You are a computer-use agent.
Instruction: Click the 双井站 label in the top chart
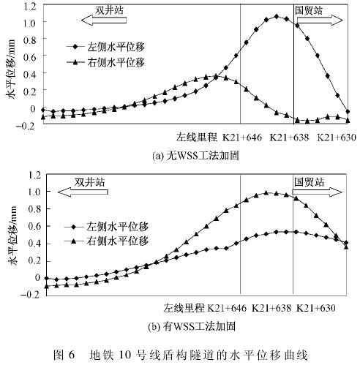click(109, 10)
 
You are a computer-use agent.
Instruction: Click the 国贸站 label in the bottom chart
click(309, 182)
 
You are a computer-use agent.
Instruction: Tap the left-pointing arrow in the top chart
click(104, 20)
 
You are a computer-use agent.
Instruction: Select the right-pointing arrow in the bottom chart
click(318, 192)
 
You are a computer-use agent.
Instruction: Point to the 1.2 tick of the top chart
click(30, 5)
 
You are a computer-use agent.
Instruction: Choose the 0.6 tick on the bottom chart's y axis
click(34, 226)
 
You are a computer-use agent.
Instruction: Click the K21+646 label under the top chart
click(241, 138)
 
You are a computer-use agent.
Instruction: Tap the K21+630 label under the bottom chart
click(316, 308)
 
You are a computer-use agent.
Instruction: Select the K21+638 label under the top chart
click(289, 138)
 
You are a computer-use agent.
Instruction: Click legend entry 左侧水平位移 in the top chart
click(106, 47)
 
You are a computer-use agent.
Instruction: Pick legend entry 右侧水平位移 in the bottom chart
click(106, 241)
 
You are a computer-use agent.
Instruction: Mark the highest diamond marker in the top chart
click(277, 17)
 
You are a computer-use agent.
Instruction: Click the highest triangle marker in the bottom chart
click(266, 193)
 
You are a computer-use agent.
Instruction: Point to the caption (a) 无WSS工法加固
click(195, 156)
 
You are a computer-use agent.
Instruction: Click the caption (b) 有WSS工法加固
click(192, 326)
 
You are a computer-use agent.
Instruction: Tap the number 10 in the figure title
click(132, 355)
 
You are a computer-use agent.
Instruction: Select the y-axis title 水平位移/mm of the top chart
click(12, 69)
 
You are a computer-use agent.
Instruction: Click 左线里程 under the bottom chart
click(184, 308)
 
